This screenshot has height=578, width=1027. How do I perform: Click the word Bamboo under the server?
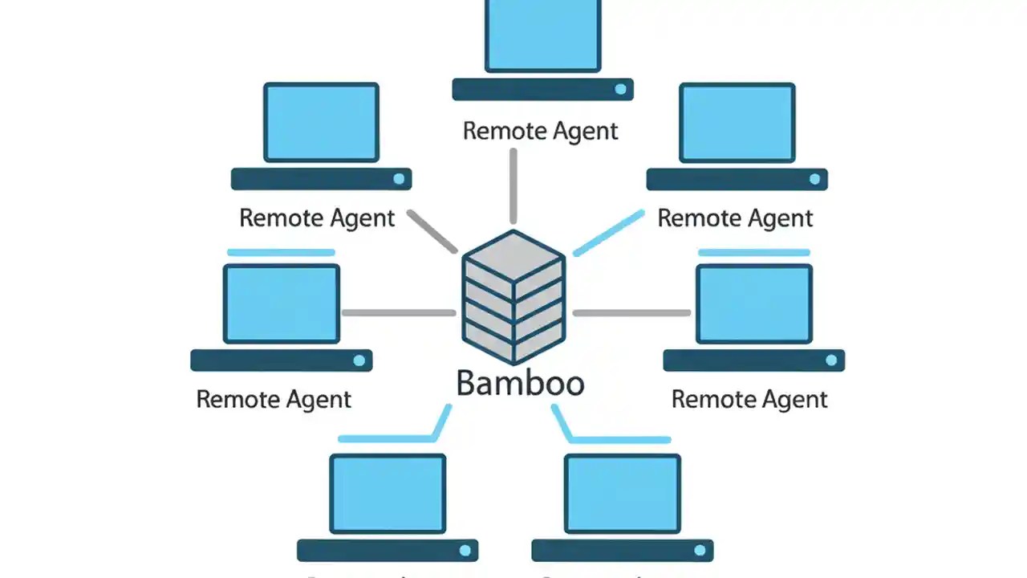pos(520,383)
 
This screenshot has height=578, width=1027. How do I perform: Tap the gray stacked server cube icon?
pos(513,296)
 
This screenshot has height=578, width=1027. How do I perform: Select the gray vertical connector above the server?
pos(513,186)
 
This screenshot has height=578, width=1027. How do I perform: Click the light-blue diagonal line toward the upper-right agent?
pos(609,234)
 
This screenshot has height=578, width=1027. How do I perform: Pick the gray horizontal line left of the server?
pos(399,312)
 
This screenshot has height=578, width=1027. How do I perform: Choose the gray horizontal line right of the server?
pos(631,312)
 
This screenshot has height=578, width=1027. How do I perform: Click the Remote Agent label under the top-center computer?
pos(541,131)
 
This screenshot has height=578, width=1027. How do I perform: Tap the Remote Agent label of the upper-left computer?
pos(317,218)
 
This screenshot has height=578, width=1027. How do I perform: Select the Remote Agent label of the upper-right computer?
pos(735,218)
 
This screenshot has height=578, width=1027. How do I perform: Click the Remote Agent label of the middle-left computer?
pos(274,399)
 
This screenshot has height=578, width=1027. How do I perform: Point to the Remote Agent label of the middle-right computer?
pos(749,399)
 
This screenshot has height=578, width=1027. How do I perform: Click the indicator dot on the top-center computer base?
pos(620,89)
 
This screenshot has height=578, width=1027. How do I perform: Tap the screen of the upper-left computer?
pos(321,122)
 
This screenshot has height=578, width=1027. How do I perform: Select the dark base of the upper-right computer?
pos(737,179)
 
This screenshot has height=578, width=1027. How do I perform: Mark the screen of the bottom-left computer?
pos(388,493)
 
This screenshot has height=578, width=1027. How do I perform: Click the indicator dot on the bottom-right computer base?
pos(700,551)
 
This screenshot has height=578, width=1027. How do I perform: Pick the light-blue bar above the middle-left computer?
pos(281,252)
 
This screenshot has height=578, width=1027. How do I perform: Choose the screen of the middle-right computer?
pos(754,303)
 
